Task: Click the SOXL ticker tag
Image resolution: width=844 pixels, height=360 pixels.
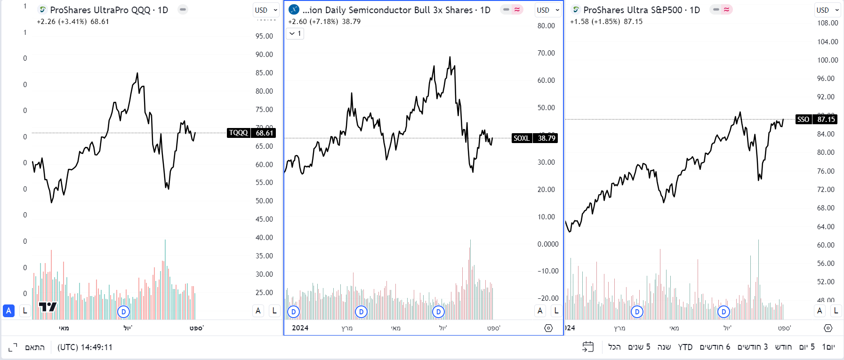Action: [522, 138]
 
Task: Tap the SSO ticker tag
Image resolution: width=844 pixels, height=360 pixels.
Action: [803, 119]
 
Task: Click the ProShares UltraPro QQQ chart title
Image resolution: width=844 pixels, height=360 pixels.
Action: [109, 10]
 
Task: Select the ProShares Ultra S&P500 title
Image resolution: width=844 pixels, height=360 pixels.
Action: [641, 10]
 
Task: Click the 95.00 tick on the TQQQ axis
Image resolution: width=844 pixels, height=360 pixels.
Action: [264, 36]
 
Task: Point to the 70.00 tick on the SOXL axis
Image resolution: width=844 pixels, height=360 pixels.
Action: [546, 53]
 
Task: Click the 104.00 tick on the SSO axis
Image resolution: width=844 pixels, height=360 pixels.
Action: [827, 41]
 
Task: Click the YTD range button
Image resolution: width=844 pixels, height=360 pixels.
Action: [685, 347]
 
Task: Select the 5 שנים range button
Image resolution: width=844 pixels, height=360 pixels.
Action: [639, 347]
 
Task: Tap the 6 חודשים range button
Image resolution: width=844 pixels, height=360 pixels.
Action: [715, 347]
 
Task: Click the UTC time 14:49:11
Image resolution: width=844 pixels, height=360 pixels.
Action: [85, 347]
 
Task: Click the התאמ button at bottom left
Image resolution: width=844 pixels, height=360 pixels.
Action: [35, 347]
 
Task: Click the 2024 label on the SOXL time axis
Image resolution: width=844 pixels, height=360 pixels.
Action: [300, 328]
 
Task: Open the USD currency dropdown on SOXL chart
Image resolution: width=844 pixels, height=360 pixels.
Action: [548, 10]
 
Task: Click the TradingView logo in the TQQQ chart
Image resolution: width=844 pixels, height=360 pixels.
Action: [48, 307]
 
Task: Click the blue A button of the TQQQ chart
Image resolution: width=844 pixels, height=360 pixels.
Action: [8, 311]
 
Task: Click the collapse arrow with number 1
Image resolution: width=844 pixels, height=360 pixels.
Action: [295, 33]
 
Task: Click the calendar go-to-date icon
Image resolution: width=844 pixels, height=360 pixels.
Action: [588, 347]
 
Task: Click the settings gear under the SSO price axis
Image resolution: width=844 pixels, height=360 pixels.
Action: [828, 328]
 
